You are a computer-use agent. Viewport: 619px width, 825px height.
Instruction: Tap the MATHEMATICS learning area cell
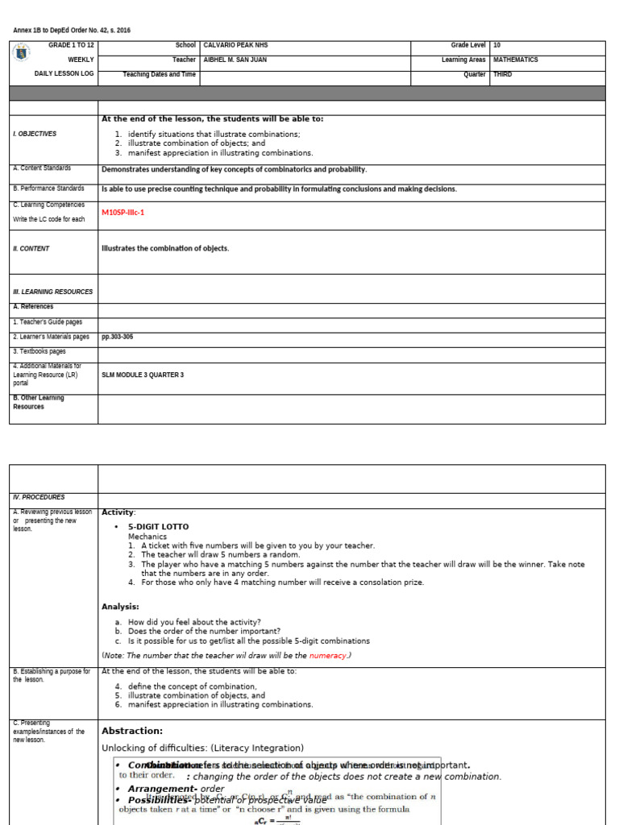[x=515, y=60]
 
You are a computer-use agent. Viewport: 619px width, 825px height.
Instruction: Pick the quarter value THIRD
[x=502, y=74]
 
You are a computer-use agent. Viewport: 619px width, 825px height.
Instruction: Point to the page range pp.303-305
[x=117, y=337]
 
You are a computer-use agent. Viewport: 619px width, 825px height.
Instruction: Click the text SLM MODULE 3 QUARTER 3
[x=143, y=375]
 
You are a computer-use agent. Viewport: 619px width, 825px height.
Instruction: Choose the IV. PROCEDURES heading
[x=39, y=497]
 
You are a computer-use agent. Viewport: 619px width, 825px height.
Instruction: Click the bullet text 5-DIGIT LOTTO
[x=158, y=526]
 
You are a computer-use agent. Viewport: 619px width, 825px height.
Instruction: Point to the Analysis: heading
[x=120, y=607]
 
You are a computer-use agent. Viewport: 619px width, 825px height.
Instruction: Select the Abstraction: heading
[x=131, y=731]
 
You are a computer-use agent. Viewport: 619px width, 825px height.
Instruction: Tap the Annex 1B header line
[x=71, y=31]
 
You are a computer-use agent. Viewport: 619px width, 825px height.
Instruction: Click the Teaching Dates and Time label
[x=159, y=74]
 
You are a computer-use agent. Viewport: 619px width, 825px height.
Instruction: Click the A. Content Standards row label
[x=42, y=168]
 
